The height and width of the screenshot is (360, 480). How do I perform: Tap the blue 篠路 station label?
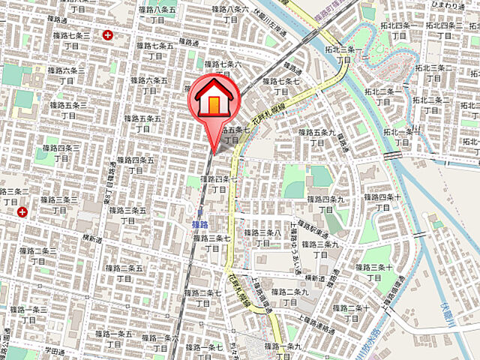tap(199, 223)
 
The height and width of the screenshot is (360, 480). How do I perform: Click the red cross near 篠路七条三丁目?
tap(109, 34)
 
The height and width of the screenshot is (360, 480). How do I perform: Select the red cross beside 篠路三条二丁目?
tap(22, 212)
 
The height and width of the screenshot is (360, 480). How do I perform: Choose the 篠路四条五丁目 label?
tap(136, 166)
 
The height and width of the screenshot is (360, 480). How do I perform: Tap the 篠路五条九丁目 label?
tap(315, 137)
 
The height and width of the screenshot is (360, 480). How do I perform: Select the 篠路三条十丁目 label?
tap(373, 273)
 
